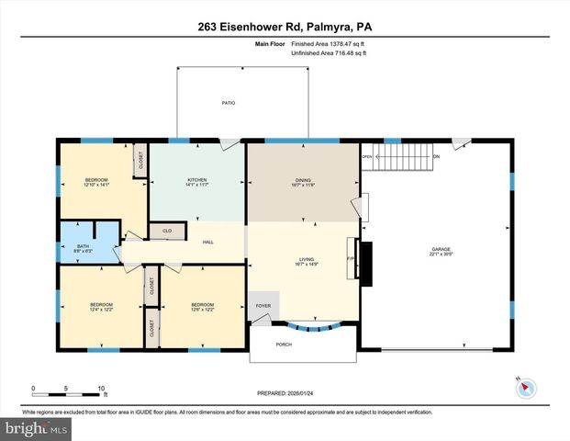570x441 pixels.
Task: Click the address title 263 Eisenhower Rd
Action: coord(284,27)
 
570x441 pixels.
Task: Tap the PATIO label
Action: coord(228,103)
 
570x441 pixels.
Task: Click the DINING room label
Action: coord(301,182)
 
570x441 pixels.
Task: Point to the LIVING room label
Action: coord(301,261)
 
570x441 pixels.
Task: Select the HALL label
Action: coord(208,243)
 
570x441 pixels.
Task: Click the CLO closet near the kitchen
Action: coord(167,231)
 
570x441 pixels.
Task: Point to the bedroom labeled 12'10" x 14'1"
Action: coord(96,182)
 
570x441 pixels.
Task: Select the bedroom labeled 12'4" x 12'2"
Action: coord(100,307)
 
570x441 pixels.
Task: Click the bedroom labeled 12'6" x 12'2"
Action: coord(201,307)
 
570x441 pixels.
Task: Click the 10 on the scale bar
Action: coord(101,389)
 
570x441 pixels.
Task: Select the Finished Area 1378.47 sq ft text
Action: coord(329,43)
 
